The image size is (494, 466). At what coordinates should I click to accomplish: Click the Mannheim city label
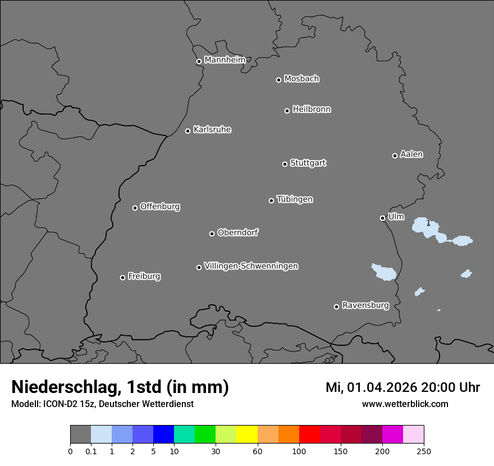[225, 60]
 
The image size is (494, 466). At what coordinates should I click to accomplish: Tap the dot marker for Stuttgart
[285, 164]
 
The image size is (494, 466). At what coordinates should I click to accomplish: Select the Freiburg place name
[144, 276]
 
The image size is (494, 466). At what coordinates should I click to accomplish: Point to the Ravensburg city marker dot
[336, 307]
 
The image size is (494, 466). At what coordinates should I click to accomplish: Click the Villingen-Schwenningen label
[251, 266]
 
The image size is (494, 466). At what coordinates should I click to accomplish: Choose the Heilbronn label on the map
[312, 109]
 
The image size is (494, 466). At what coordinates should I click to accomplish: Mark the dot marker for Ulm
[382, 218]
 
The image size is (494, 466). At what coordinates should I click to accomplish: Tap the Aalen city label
[411, 154]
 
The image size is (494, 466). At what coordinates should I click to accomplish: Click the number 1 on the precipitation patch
[428, 223]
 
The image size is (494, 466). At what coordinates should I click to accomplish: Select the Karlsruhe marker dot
[187, 131]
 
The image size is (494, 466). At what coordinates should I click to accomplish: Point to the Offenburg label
[160, 207]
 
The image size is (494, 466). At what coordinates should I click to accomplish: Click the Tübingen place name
[295, 199]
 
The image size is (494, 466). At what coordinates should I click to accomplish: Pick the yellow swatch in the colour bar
[247, 435]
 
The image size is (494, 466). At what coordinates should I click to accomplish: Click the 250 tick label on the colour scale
[424, 451]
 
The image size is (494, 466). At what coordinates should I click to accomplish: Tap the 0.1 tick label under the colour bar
[91, 451]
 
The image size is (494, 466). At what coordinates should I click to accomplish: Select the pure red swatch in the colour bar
[309, 435]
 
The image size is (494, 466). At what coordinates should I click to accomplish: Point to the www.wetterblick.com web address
[405, 404]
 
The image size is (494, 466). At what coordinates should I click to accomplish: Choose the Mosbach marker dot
[278, 80]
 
